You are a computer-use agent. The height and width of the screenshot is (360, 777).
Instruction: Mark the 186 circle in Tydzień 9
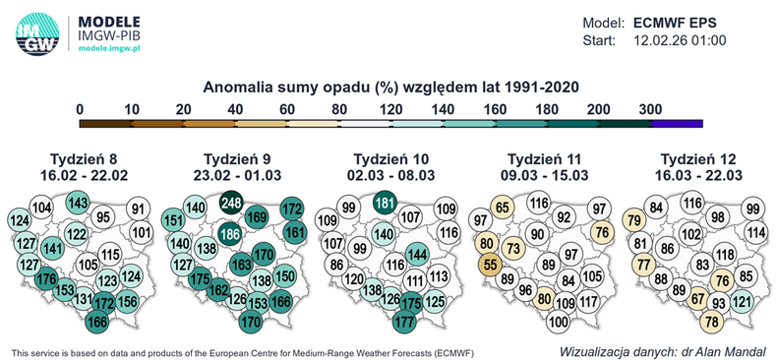pyautogui.click(x=231, y=234)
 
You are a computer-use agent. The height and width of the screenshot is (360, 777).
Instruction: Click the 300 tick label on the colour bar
pyautogui.click(x=650, y=109)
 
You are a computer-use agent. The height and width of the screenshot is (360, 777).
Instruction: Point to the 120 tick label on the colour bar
pyautogui.click(x=390, y=109)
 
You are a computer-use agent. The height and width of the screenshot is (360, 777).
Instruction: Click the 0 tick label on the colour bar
pyautogui.click(x=80, y=109)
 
